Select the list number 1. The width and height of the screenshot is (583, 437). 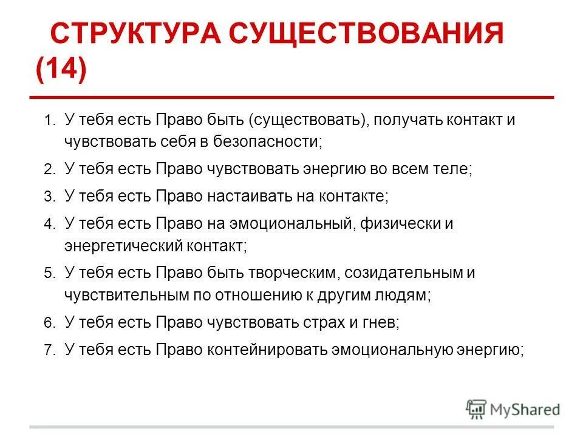(x=48, y=121)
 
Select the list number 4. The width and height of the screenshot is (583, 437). (x=49, y=225)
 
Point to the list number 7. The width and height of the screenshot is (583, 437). (x=49, y=350)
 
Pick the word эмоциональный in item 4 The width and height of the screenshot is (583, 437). (x=291, y=224)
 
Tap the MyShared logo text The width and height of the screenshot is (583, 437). (x=524, y=409)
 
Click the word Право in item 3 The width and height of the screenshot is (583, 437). (x=176, y=197)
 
